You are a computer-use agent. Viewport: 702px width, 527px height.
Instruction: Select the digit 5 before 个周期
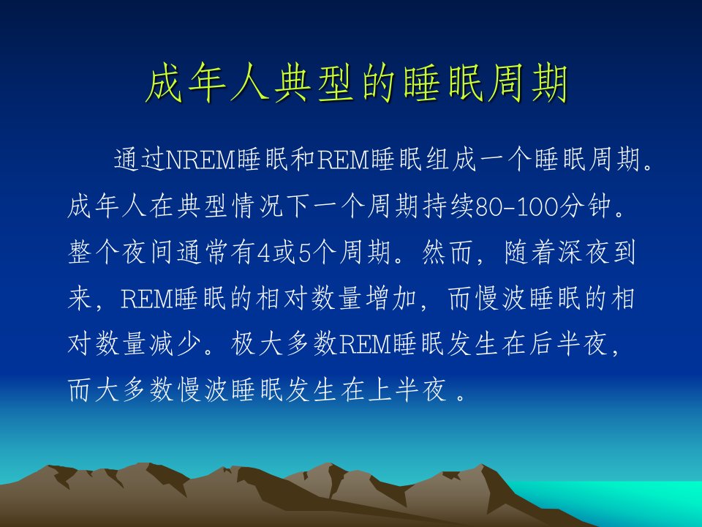point(304,253)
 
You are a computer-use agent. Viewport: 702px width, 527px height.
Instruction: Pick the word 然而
point(448,253)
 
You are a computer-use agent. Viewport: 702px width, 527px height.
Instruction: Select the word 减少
point(175,344)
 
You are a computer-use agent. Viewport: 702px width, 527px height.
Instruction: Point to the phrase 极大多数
point(284,344)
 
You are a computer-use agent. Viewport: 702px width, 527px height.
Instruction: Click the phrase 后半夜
point(568,344)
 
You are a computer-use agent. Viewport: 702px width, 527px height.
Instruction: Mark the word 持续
point(448,206)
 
